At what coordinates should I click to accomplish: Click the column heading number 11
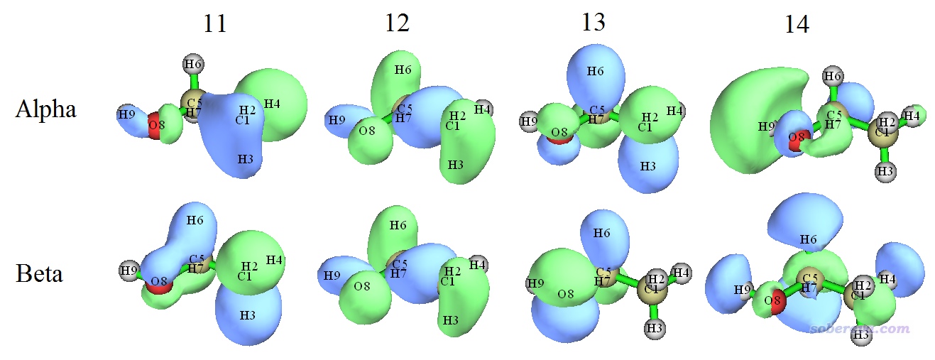[x=214, y=24]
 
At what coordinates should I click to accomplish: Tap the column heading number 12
[x=397, y=24]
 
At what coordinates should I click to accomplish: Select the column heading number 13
[x=593, y=23]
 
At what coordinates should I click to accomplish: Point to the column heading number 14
[x=797, y=26]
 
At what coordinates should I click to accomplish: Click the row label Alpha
[x=45, y=109]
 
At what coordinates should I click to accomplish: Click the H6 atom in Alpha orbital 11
[x=192, y=65]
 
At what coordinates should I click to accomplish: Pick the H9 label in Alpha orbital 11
[x=127, y=114]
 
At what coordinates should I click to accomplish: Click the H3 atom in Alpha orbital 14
[x=885, y=171]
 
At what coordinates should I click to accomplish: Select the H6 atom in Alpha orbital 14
[x=833, y=76]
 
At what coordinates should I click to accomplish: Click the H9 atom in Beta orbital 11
[x=129, y=271]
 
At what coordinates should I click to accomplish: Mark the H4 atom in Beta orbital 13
[x=682, y=273]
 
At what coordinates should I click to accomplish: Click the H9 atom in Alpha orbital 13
[x=529, y=121]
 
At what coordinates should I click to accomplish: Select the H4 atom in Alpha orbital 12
[x=483, y=109]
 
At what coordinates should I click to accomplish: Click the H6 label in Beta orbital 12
[x=398, y=225]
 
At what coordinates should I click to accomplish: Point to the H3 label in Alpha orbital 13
[x=647, y=165]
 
